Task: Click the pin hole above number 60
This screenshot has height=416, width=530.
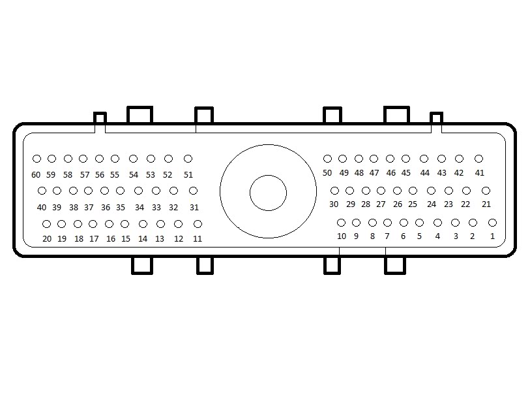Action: pos(37,159)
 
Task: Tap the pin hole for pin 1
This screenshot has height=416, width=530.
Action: pos(492,223)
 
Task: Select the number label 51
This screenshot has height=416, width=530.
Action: pos(188,175)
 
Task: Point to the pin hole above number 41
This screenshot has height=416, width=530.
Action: pos(478,159)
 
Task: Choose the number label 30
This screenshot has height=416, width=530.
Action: pos(334,204)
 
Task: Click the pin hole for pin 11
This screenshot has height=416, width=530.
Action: pos(198,224)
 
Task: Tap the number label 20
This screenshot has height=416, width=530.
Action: pos(47,239)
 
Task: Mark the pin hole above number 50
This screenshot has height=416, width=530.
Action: pos(327,159)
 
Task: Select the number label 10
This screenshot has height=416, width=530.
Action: pos(342,236)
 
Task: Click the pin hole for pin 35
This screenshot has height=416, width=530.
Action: pos(121,191)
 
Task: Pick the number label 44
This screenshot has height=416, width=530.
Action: pos(425,173)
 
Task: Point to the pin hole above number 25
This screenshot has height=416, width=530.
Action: pos(413,191)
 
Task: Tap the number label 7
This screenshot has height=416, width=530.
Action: pos(387,236)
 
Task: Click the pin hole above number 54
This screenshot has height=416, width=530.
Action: pos(134,159)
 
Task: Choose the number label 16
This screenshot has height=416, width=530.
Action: pos(111,239)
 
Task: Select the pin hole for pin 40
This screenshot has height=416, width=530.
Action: pos(42,191)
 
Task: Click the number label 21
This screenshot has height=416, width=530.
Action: pos(486,204)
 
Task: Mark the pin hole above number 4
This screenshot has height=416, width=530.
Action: pos(437,223)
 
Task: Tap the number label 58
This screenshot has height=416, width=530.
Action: pos(68,175)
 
